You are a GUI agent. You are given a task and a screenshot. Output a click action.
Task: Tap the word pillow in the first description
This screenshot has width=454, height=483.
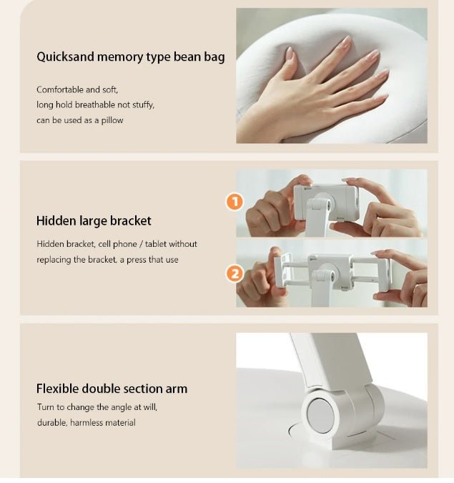112,120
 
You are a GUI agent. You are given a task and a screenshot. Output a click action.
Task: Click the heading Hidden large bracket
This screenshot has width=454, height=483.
94,221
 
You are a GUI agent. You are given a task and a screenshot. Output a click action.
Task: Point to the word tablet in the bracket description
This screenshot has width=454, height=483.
156,244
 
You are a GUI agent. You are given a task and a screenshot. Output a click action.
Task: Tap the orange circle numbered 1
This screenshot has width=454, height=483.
235,202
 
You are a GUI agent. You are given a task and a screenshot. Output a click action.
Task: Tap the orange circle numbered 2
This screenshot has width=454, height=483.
235,273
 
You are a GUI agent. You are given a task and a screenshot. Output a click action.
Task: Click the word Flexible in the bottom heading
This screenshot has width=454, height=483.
57,389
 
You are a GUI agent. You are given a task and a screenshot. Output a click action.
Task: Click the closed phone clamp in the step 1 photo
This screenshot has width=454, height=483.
325,202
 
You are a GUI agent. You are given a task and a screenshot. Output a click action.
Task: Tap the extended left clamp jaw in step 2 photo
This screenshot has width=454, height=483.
282,270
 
